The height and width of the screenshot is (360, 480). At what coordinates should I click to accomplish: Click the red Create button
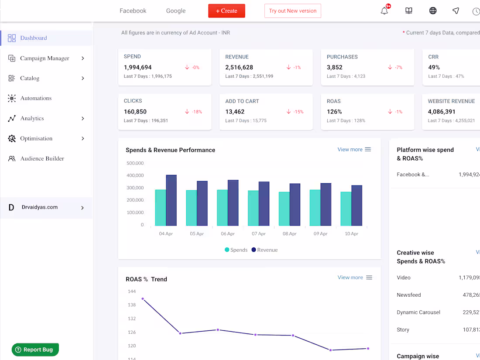point(226,11)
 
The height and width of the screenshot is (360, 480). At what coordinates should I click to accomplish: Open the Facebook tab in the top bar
point(133,11)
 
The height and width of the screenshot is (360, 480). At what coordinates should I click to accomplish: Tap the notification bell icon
point(384,11)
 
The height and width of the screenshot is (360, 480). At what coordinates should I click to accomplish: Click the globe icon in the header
point(433,11)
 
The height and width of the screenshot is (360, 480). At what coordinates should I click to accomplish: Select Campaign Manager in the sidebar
point(45,58)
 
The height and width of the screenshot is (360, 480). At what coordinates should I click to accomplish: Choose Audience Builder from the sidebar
point(42,159)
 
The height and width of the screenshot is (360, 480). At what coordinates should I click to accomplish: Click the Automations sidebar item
point(36,99)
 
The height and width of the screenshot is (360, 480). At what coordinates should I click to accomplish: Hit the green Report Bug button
point(35,350)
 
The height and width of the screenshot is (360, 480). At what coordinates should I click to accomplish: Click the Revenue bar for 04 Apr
point(171,201)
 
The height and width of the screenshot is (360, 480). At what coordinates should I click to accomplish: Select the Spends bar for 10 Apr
point(346,209)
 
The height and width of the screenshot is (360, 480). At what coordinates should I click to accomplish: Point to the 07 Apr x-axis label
point(259,234)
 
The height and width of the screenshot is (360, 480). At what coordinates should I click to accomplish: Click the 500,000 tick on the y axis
point(135,163)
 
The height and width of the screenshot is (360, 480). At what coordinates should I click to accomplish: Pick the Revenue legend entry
point(264,250)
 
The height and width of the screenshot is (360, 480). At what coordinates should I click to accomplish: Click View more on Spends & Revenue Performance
point(350,150)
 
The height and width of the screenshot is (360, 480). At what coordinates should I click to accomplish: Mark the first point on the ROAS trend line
point(143,299)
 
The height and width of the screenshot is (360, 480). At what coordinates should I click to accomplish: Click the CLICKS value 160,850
point(135,112)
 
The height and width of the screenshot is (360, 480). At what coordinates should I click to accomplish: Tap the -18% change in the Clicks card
point(194,112)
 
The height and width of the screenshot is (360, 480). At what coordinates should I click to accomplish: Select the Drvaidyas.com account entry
point(40,208)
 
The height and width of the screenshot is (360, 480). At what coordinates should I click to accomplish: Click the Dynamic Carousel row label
point(418,312)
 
